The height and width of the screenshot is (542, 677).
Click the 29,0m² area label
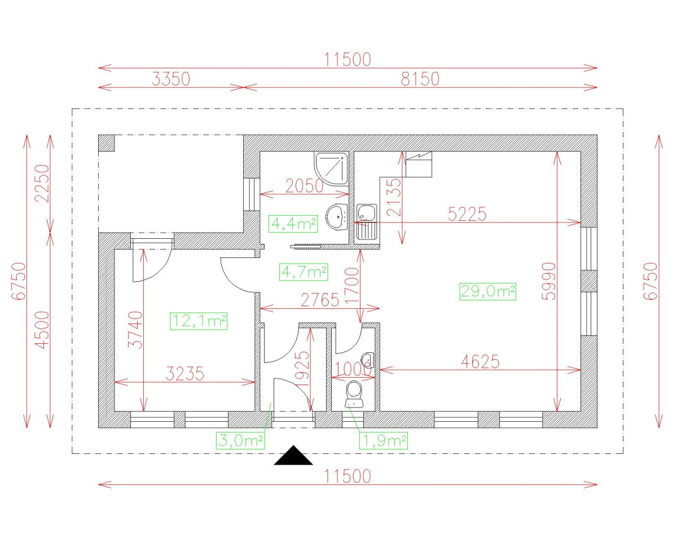[x=487, y=291]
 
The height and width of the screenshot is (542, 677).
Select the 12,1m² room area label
[x=199, y=321]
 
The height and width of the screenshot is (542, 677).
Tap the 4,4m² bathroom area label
[x=293, y=224]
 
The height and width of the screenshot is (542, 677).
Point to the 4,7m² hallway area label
[x=304, y=272]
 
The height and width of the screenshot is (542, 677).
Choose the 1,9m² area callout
[x=384, y=440]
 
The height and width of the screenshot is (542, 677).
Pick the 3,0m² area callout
[x=240, y=440]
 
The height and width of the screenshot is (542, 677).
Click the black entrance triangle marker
[x=293, y=456]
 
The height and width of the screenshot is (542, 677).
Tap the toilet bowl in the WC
[x=354, y=393]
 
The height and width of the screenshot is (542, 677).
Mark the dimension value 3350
[x=171, y=79]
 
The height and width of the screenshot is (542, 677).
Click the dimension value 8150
[x=420, y=79]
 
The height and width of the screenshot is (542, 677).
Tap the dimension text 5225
[x=467, y=214]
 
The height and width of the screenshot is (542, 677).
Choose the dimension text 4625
[x=481, y=361]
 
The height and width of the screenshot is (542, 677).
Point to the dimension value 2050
[x=305, y=186]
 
